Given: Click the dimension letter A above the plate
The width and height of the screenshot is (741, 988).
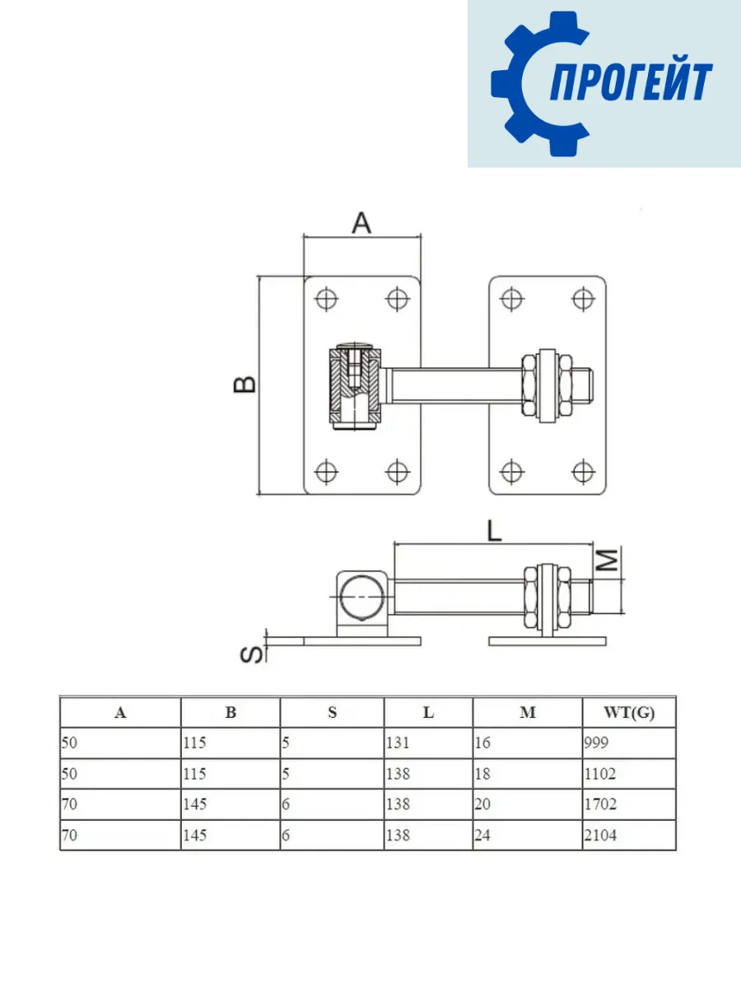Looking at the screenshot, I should pyautogui.click(x=362, y=222).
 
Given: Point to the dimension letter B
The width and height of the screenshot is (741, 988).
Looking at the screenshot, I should pyautogui.click(x=245, y=384).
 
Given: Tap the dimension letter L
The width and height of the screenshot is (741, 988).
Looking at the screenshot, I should pyautogui.click(x=493, y=531).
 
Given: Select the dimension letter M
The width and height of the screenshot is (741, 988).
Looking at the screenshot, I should pyautogui.click(x=608, y=562).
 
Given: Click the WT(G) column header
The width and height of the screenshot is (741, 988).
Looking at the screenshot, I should pyautogui.click(x=629, y=713).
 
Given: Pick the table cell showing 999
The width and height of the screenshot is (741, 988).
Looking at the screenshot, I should pyautogui.click(x=595, y=743).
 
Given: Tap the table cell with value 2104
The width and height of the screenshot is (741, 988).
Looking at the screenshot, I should pyautogui.click(x=599, y=835).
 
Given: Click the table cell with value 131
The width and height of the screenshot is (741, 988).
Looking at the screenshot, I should pyautogui.click(x=398, y=743).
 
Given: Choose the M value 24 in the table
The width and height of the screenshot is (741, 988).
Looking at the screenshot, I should pyautogui.click(x=482, y=835).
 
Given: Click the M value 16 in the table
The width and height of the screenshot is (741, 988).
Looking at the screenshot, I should pyautogui.click(x=482, y=743).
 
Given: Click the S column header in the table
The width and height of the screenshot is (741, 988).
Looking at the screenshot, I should pyautogui.click(x=332, y=713).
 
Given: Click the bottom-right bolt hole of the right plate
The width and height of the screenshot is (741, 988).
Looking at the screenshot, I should pyautogui.click(x=583, y=472).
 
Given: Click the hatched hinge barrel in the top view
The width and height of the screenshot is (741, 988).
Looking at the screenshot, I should pyautogui.click(x=355, y=384).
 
